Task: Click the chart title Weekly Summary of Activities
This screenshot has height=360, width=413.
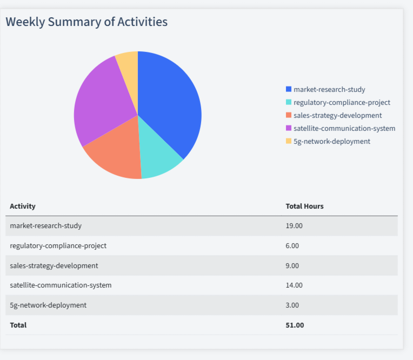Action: [x=86, y=22]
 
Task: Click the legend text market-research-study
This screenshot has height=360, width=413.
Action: [x=329, y=89]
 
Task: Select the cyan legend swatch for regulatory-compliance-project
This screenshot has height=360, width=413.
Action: [x=288, y=102]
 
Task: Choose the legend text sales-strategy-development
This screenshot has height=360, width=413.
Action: [x=337, y=115]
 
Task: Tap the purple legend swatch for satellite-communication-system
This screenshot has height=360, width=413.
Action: [x=288, y=128]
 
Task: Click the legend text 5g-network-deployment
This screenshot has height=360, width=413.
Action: [x=331, y=141]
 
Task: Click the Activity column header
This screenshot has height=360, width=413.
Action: [x=23, y=206]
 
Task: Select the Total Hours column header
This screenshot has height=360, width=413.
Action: [x=304, y=206]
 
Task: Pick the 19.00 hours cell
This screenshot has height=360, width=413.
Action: [x=294, y=225]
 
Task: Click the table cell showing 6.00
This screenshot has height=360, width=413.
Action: [x=292, y=245]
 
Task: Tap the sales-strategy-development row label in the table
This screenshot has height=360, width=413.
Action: [x=54, y=265]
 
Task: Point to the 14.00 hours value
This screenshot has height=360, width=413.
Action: [x=294, y=285]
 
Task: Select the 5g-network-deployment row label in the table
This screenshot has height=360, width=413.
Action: [x=48, y=305]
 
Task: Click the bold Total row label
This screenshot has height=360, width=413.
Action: [x=18, y=325]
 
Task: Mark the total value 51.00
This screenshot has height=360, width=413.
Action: [x=295, y=325]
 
